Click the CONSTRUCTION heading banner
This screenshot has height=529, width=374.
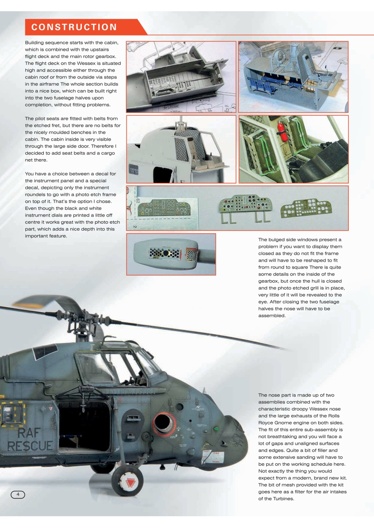[74, 27]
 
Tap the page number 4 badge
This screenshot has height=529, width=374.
[18, 494]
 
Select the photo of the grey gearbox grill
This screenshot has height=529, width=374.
[171, 254]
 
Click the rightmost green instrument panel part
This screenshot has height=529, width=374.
[303, 209]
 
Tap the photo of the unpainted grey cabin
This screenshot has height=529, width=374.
[181, 76]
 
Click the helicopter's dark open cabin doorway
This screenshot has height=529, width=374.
[85, 426]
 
